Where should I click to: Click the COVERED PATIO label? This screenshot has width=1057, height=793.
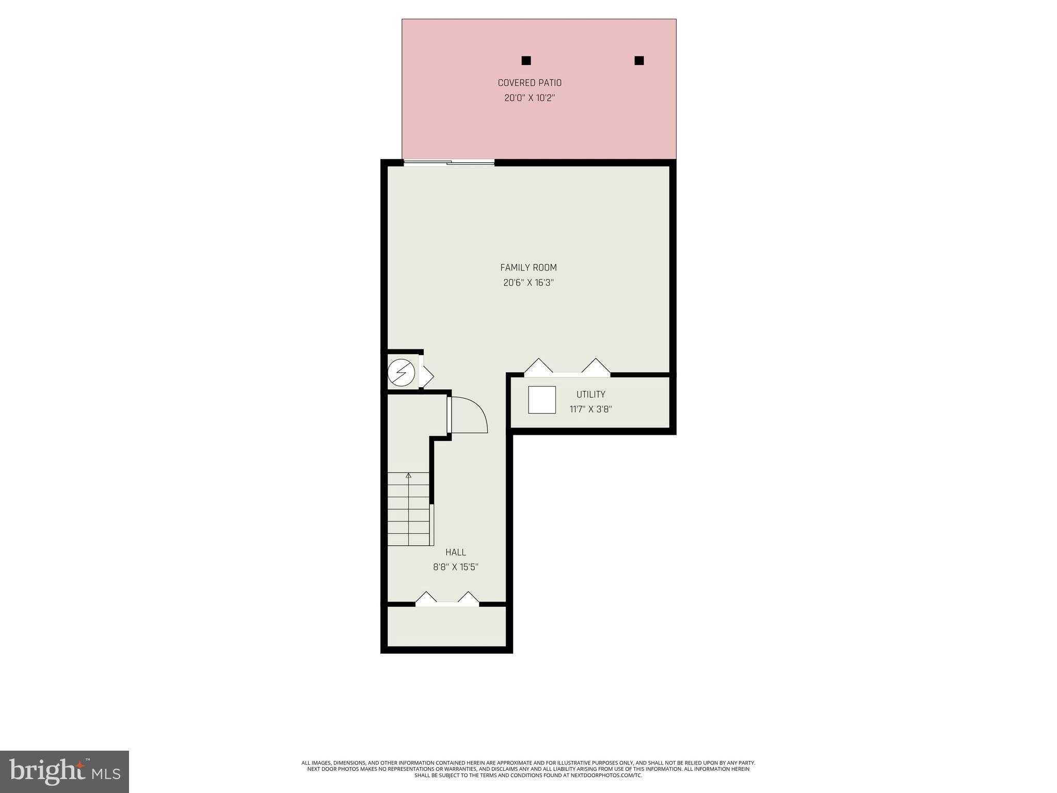click(x=529, y=83)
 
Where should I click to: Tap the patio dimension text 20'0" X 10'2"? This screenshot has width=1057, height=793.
click(x=529, y=98)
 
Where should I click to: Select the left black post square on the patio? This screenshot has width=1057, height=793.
click(x=526, y=60)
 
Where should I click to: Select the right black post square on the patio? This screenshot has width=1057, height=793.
click(x=639, y=60)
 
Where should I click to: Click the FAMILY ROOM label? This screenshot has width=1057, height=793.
click(x=528, y=267)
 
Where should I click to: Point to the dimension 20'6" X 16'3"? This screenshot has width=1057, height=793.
click(x=528, y=282)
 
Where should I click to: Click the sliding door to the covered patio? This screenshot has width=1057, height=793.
click(x=449, y=163)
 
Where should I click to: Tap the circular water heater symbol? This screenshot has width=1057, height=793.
click(x=401, y=372)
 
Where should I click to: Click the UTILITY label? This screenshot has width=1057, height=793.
click(x=590, y=394)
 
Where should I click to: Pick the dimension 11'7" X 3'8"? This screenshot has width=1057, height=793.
click(x=590, y=409)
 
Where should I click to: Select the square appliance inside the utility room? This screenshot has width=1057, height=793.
click(x=542, y=400)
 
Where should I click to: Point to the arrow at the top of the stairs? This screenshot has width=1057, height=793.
click(x=408, y=475)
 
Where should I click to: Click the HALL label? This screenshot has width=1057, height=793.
click(x=455, y=552)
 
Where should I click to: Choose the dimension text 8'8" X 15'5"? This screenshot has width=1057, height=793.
click(x=455, y=567)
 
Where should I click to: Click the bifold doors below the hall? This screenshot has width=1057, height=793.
click(x=447, y=600)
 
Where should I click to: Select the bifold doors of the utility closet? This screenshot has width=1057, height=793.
click(x=567, y=368)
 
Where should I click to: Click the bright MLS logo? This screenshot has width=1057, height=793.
click(x=65, y=772)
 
